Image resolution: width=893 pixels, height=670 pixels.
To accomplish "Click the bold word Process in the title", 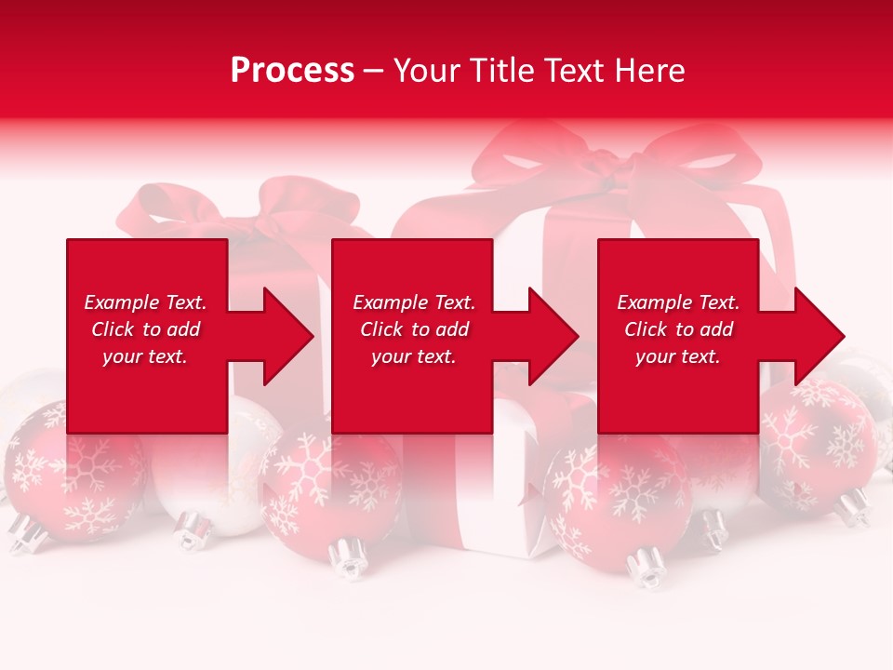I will [x=292, y=71].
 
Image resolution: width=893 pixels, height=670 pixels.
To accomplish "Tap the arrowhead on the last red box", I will [x=813, y=336].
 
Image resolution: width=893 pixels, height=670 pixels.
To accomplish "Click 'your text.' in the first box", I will [x=145, y=356].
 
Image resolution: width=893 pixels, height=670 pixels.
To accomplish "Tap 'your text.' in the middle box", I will [x=414, y=356].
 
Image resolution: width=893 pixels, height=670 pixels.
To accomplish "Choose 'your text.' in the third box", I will [x=678, y=356].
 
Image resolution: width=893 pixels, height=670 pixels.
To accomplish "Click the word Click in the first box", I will [x=113, y=329].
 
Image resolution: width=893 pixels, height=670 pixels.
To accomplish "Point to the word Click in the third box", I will [x=646, y=329].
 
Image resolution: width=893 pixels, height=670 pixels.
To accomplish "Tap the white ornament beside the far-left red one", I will [x=200, y=475].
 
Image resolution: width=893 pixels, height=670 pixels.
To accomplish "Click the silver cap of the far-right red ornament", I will [x=851, y=507].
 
